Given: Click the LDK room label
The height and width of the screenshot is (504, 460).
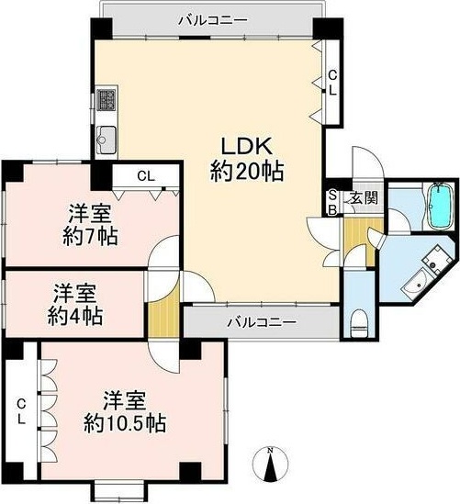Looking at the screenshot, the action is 247,147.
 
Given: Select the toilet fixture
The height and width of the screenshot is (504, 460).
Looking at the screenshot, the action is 359,323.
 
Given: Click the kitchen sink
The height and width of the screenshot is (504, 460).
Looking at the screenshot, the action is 107,140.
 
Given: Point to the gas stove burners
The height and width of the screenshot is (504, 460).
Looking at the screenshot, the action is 106,99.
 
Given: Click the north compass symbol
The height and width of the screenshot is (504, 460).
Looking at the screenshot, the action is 270,463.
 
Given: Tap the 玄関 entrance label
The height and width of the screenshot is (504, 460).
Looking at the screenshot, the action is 364,197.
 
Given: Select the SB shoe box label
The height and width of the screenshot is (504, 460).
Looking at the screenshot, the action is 332,203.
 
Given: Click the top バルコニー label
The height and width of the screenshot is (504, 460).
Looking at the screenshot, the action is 213,20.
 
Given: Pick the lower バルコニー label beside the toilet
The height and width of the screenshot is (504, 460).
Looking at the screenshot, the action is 262,321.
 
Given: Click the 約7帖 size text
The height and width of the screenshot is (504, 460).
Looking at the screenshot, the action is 90,236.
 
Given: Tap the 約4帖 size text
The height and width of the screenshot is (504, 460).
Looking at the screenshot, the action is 75,316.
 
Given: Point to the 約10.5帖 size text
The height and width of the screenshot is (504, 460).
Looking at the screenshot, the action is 125,423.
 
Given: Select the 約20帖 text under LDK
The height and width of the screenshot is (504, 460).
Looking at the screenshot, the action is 247,172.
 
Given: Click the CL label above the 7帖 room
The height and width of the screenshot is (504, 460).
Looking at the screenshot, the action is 146,176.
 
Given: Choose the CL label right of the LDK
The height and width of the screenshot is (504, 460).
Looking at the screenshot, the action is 332,83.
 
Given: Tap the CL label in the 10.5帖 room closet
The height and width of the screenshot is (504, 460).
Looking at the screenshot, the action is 21,411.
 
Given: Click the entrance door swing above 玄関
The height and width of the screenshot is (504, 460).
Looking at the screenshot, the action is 368,161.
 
